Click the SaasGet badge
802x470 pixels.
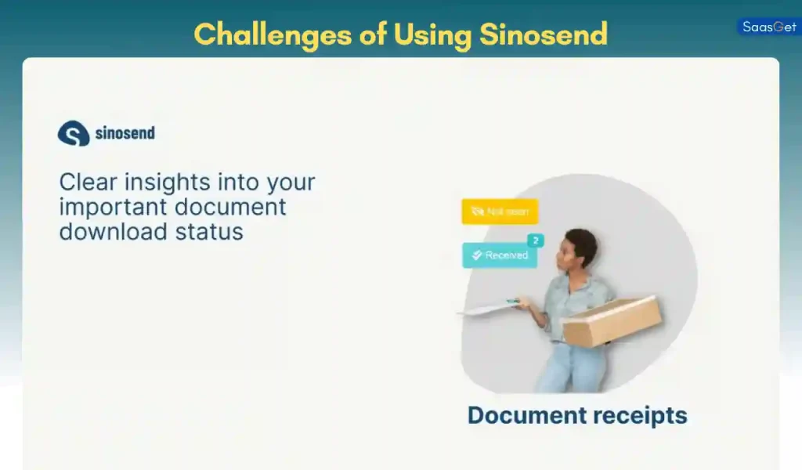click(768, 27)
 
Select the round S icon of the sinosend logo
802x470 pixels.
click(73, 133)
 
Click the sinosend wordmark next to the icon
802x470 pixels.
click(125, 133)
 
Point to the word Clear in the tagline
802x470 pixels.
click(87, 183)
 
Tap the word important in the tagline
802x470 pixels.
click(113, 207)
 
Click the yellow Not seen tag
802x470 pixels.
click(500, 211)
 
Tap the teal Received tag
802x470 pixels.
click(500, 255)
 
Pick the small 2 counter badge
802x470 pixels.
click(536, 240)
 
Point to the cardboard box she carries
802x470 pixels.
click(612, 320)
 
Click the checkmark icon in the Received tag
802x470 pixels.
click(476, 255)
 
